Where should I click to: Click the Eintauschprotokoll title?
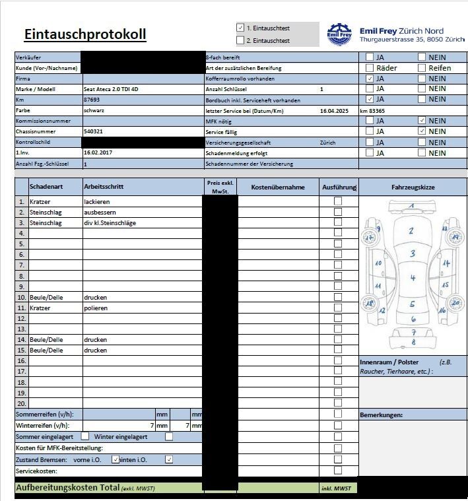[x=85, y=34]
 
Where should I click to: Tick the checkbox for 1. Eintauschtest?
[x=240, y=28]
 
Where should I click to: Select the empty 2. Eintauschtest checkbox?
[x=240, y=40]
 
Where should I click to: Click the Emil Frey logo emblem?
[x=340, y=34]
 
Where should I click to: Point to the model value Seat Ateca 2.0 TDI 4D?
[x=111, y=89]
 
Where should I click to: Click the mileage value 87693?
[x=92, y=100]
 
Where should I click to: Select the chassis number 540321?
[x=93, y=131]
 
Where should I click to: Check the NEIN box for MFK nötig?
[x=422, y=121]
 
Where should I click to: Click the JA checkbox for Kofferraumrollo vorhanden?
[x=370, y=79]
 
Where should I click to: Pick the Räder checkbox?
[x=370, y=68]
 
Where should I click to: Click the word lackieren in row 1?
[x=96, y=201]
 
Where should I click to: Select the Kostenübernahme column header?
[x=278, y=187]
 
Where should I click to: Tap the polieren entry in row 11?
[x=96, y=308]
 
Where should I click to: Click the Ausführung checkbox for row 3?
[x=338, y=222]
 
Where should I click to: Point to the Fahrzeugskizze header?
[x=413, y=187]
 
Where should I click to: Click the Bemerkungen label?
[x=382, y=415]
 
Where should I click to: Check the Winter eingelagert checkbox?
[x=169, y=436]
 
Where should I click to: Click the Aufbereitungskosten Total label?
[x=67, y=487]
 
